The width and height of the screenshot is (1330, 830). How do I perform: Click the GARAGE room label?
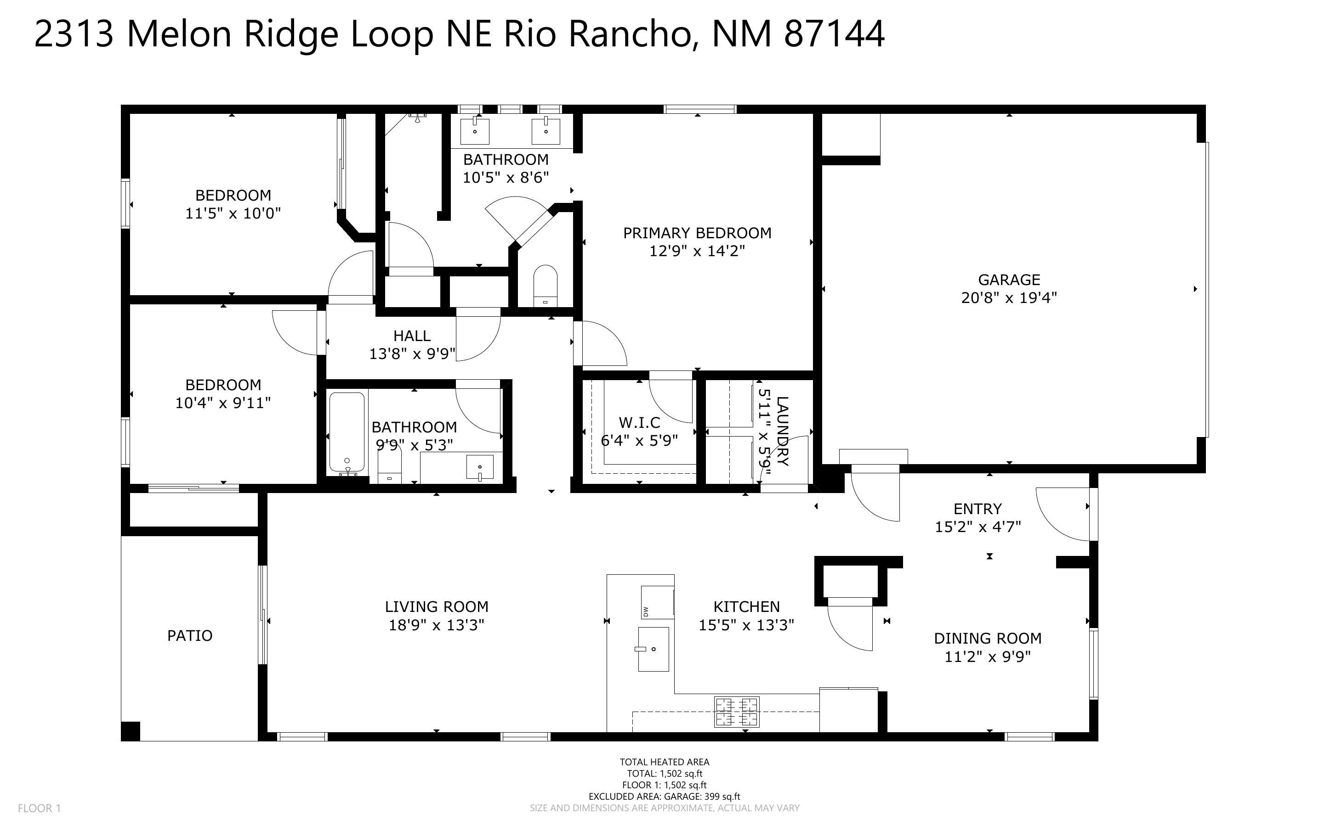[1009, 280]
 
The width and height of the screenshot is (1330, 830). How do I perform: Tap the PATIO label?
[189, 636]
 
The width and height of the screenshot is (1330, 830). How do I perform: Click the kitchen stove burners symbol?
[737, 712]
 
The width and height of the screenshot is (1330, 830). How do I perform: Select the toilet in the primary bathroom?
[545, 286]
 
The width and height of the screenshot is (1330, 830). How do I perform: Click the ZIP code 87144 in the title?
[834, 34]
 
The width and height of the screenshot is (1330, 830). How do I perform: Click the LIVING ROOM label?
[436, 606]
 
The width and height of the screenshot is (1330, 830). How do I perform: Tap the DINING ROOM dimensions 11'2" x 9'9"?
[987, 656]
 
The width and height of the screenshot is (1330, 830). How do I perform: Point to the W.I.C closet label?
[639, 423]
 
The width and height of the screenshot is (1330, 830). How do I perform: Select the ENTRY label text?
[978, 509]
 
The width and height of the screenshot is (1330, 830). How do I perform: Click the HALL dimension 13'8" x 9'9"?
[412, 354]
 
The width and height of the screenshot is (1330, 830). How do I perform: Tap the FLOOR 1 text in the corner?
[39, 808]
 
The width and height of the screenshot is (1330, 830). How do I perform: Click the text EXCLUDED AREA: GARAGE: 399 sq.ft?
[664, 796]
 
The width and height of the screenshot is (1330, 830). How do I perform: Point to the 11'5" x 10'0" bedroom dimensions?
[233, 213]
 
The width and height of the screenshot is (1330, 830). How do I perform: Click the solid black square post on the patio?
[131, 731]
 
